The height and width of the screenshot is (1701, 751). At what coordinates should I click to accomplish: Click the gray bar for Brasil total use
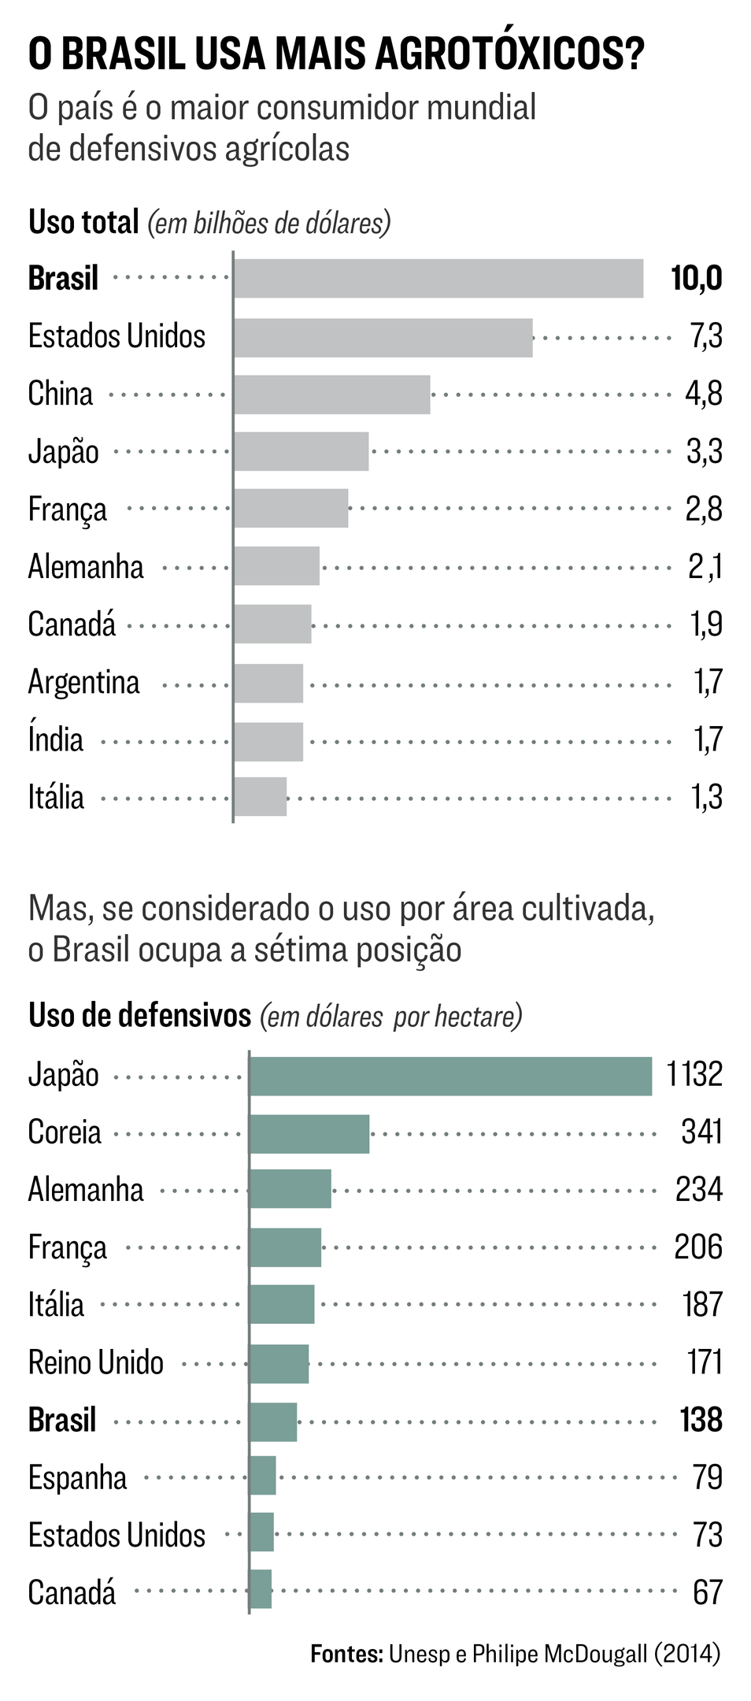click(x=438, y=278)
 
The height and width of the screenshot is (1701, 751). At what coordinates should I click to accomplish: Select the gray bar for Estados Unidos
click(x=383, y=337)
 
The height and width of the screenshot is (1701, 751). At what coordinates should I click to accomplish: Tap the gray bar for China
click(x=331, y=394)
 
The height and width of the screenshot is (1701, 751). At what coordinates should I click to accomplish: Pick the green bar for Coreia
click(x=309, y=1133)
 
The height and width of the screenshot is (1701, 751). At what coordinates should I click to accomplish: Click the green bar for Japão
click(x=450, y=1076)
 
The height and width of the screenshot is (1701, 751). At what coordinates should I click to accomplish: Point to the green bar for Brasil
click(x=272, y=1421)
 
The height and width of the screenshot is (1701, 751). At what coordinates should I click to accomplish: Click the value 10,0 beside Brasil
click(x=696, y=278)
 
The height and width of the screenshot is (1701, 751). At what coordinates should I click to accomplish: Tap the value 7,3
click(x=705, y=336)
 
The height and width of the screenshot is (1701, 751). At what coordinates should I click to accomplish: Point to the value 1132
click(x=694, y=1074)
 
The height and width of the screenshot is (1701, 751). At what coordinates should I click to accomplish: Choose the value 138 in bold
click(x=701, y=1420)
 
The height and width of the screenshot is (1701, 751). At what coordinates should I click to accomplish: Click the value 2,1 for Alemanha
click(x=705, y=566)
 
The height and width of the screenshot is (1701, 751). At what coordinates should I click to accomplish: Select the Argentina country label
click(x=83, y=682)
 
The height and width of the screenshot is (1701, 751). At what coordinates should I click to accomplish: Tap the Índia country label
click(x=55, y=739)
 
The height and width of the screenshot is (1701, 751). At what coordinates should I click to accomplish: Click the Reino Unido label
click(x=95, y=1362)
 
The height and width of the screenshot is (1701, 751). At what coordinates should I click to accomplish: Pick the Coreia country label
click(x=65, y=1132)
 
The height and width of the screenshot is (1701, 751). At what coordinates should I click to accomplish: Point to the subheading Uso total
click(x=83, y=222)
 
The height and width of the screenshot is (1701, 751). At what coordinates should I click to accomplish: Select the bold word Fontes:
click(x=346, y=1653)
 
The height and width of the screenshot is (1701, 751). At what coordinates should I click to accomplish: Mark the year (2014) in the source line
click(x=686, y=1653)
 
